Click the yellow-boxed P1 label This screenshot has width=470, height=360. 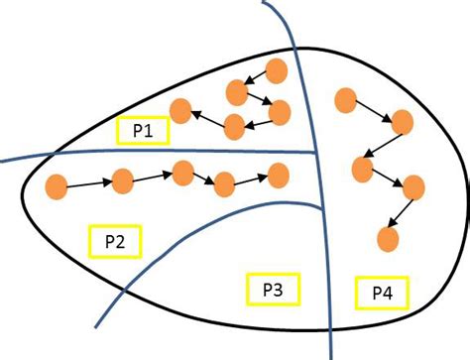tap(143, 130)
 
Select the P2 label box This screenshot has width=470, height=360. tap(116, 240)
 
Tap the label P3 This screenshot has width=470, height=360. tap(272, 290)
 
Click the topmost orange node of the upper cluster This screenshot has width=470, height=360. tap(277, 70)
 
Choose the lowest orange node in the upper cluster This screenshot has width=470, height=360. tap(235, 126)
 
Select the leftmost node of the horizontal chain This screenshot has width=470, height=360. tap(57, 184)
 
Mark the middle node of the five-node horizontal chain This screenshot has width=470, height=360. tap(182, 173)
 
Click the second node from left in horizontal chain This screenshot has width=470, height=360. tap(123, 180)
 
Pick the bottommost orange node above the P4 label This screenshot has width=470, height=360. tap(389, 239)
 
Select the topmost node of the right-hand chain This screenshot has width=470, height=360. tap(346, 99)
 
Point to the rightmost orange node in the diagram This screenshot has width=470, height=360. tap(412, 185)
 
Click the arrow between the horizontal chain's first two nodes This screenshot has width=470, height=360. tap(89, 182)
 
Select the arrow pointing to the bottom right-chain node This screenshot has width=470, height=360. tap(401, 212)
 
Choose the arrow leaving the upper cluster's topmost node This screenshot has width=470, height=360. tap(257, 80)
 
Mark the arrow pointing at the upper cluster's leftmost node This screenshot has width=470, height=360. tap(207, 118)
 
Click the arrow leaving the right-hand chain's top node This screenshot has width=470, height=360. tap(374, 110)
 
